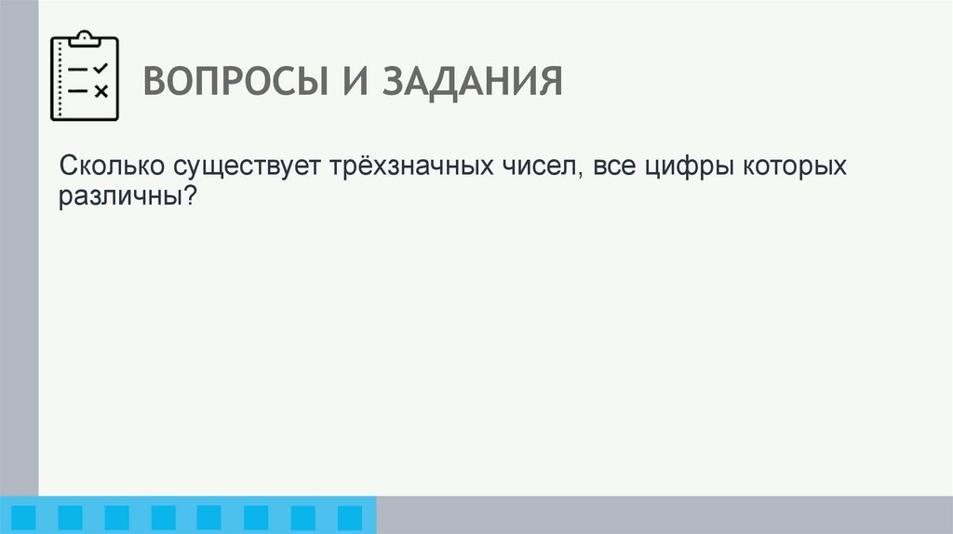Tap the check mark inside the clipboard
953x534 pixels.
pos(101,68)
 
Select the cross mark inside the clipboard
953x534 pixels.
pos(101,91)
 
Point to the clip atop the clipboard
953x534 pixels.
pos(85,38)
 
